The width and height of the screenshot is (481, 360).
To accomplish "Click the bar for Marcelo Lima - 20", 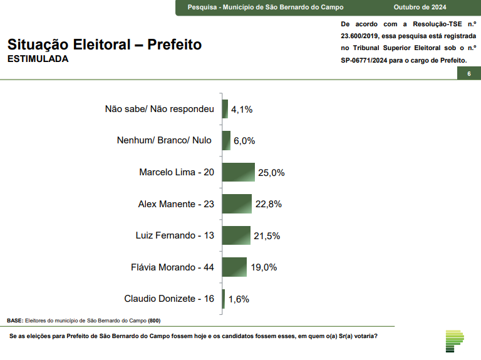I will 239,172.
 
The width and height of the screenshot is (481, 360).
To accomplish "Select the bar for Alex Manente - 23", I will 237,203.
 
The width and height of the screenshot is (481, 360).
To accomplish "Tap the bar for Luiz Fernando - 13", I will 236,235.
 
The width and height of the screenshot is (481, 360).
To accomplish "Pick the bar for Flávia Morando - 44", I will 234,267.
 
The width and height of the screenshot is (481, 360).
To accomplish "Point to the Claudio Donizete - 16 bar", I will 224,299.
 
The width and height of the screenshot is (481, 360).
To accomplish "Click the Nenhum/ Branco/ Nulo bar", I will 226,140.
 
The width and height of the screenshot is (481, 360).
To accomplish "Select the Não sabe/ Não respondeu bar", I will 225,109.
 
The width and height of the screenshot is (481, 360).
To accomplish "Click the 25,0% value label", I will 272,173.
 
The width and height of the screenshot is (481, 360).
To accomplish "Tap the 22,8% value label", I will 269,204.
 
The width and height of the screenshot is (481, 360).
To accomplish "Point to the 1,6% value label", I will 239,299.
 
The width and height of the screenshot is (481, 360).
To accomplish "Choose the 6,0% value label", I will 244,141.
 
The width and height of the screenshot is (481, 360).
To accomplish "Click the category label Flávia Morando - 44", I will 172,267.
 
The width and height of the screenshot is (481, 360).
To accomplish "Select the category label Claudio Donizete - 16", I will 169,299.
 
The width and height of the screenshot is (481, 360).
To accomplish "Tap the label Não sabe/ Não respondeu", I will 160,109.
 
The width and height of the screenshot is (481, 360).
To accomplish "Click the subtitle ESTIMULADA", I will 38,59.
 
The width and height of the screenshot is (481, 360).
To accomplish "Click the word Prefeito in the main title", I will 175,45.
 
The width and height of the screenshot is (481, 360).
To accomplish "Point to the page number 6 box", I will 468,74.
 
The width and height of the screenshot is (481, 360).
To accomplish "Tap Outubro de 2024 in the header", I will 419,8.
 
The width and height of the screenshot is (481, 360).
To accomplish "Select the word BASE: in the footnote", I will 15,321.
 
